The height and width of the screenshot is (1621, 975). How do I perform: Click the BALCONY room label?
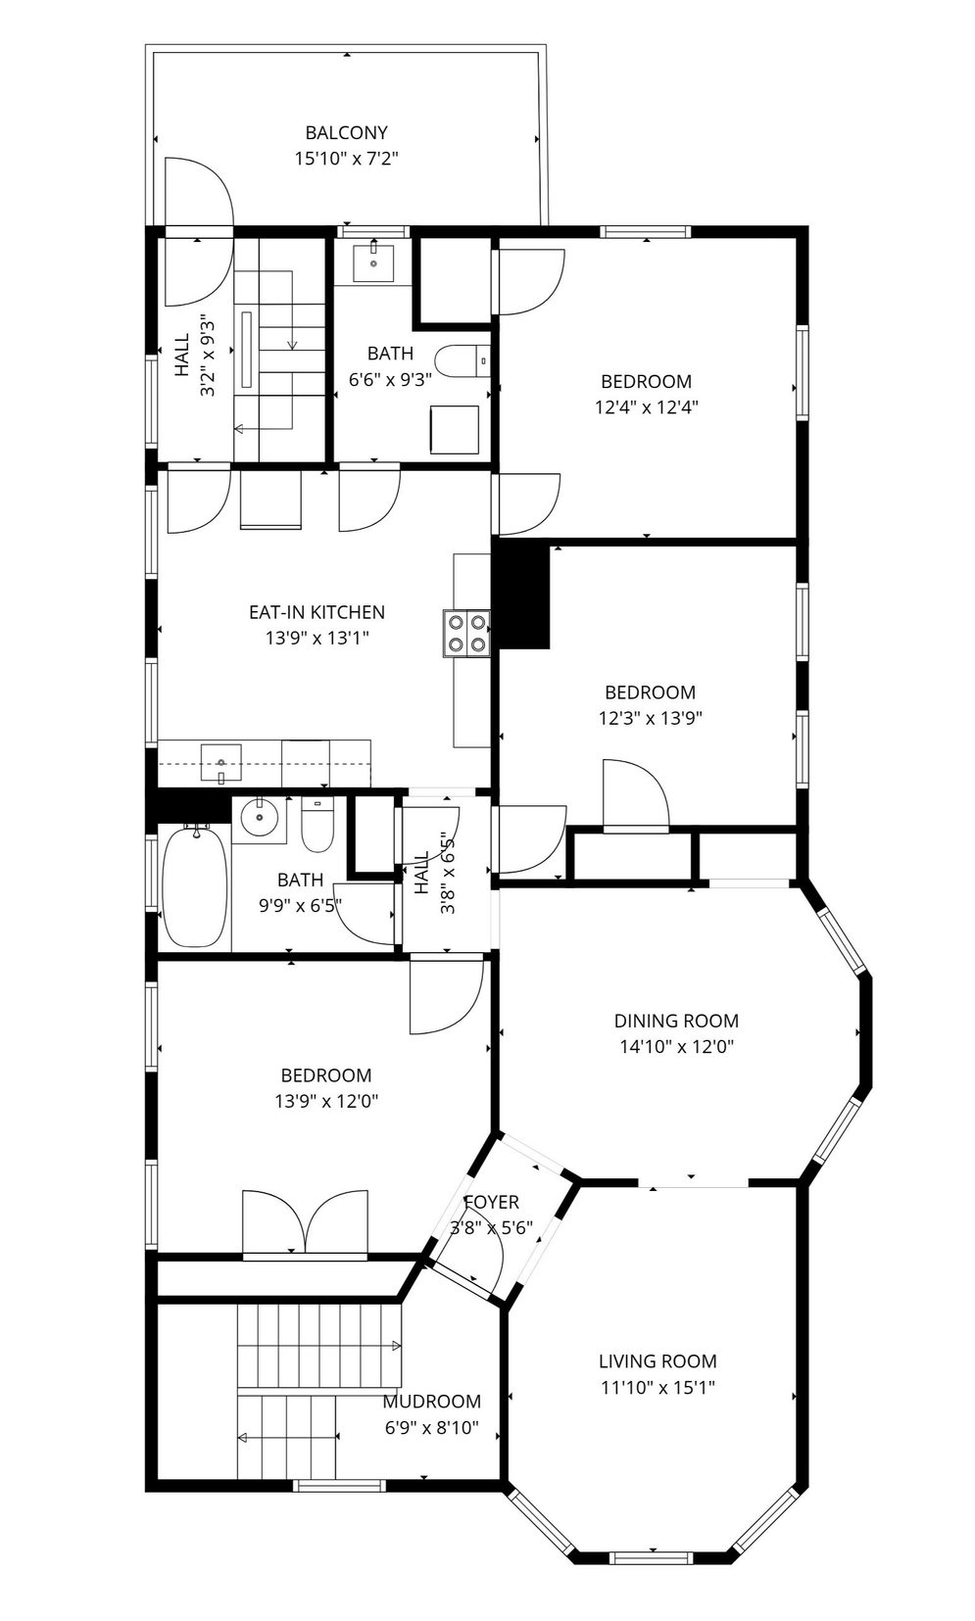click(346, 132)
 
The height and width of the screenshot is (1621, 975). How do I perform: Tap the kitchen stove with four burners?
click(466, 633)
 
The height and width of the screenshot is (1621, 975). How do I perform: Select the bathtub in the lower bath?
click(195, 887)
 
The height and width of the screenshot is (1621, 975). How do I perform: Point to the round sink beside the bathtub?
click(259, 819)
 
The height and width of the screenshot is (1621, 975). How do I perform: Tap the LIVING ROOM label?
click(658, 1360)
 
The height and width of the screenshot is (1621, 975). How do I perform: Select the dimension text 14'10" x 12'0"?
click(676, 1046)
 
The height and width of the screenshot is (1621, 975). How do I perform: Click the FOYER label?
click(491, 1202)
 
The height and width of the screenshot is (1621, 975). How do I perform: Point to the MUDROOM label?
click(431, 1402)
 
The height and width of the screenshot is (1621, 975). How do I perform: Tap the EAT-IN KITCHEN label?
click(317, 612)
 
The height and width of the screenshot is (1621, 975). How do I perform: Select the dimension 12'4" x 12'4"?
click(646, 407)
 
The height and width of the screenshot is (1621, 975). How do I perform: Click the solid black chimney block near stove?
click(522, 596)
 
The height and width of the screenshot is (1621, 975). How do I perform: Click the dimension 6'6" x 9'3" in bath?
click(390, 379)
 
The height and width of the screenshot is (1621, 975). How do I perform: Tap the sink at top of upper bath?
click(373, 262)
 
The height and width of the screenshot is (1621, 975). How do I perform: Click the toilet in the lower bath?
click(317, 825)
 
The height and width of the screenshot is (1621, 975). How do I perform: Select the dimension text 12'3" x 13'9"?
click(651, 718)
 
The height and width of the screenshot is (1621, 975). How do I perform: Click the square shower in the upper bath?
click(455, 429)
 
